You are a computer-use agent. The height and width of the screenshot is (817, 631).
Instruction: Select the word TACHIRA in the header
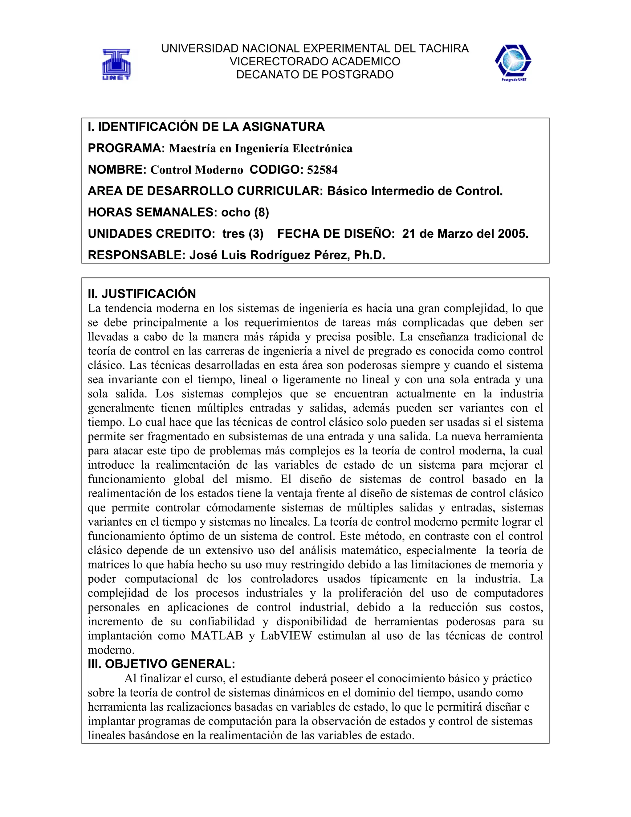coord(444,49)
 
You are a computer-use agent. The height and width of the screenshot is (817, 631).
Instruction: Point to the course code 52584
coord(322,170)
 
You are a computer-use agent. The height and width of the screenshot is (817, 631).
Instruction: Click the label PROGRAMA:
coord(126,149)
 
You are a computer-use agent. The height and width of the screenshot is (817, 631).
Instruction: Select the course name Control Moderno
coord(197,170)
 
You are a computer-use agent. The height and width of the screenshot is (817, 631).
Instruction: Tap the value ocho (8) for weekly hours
coord(245,212)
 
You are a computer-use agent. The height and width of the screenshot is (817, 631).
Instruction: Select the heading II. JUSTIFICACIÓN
coord(142,294)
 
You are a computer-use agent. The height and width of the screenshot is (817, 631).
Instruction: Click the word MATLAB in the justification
coord(217,636)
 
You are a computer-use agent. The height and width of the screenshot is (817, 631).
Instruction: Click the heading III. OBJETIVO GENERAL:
coord(161,664)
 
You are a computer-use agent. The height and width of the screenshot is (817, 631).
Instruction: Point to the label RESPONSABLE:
coord(137,255)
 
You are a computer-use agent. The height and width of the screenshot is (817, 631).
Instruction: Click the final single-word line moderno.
coord(111,650)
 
